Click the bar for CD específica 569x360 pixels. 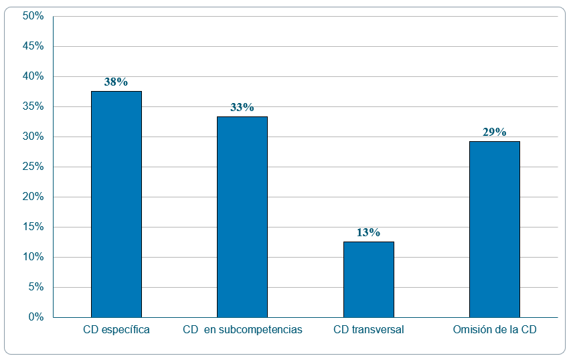tap(116, 204)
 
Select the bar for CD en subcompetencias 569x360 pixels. tap(242, 217)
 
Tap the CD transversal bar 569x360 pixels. tap(368, 279)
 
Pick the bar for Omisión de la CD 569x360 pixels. tap(494, 229)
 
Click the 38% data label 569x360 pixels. tap(116, 82)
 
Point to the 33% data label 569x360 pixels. tap(242, 108)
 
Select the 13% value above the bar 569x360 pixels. tap(368, 233)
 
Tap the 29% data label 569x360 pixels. tap(494, 132)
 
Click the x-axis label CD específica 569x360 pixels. tap(116, 330)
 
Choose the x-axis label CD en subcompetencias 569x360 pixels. tap(242, 330)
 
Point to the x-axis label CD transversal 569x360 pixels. tap(369, 330)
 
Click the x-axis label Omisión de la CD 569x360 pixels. tap(495, 330)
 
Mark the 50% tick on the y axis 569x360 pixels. tap(33, 16)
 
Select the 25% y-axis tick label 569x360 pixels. tap(33, 167)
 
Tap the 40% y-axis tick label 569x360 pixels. tap(33, 76)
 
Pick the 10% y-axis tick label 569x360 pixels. tap(33, 257)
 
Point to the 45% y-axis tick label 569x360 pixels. tap(33, 46)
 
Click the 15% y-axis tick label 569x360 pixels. tap(33, 227)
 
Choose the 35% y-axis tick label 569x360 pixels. tap(33, 106)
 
